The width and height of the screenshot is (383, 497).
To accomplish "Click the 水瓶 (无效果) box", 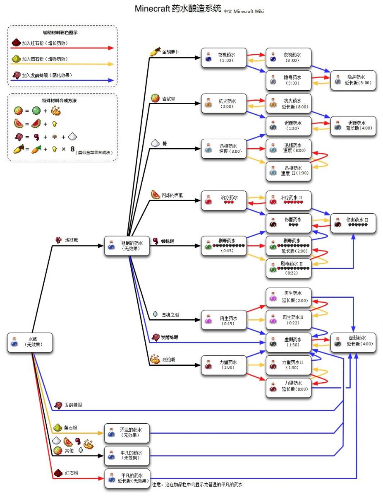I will coord(30,342).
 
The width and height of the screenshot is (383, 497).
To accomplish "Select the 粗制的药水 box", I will coord(127,246).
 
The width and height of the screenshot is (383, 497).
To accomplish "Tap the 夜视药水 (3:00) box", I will coord(224,58).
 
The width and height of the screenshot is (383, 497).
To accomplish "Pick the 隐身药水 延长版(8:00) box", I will coord(353,80).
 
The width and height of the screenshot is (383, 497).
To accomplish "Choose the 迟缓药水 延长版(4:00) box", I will coord(353,126).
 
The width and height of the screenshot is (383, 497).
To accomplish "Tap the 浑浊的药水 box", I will coord(127,433).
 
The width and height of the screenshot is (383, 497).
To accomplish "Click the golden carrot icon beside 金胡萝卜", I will coord(155,53).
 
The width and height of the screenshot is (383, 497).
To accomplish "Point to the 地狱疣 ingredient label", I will coord(71,240).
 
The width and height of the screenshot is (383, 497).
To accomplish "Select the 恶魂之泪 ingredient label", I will coord(170,315).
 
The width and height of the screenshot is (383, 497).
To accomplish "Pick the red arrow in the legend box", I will coord(62,48).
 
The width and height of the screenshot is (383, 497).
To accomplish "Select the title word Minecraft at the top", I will coord(152,9).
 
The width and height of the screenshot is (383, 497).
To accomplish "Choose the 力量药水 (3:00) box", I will coord(224,364).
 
